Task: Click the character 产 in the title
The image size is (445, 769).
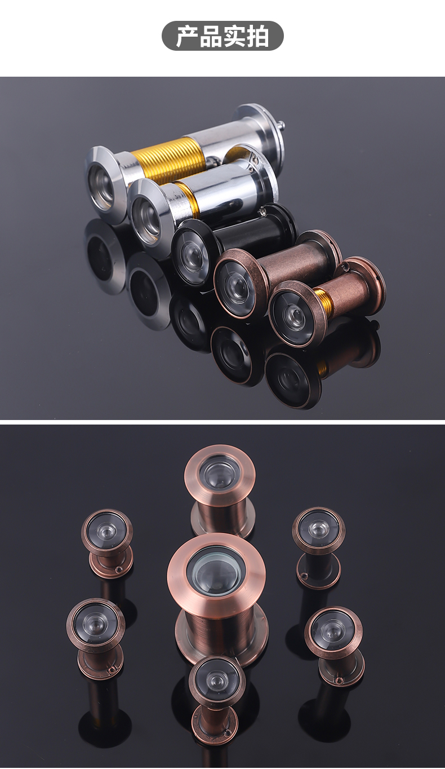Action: click(188, 36)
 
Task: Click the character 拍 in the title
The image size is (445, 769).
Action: click(257, 36)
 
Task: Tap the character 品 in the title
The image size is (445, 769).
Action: click(211, 36)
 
